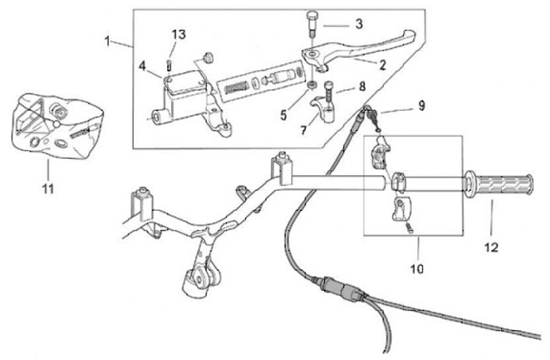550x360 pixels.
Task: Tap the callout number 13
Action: tap(178, 34)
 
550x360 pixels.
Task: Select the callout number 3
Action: tap(357, 24)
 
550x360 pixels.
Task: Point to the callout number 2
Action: tap(379, 65)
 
